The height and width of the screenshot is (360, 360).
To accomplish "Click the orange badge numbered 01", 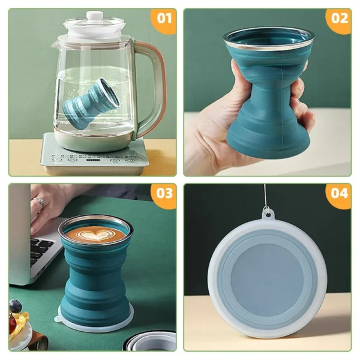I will pos(164,18).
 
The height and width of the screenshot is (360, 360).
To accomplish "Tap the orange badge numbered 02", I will pos(339,18).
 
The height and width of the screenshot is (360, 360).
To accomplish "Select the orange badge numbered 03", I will pos(164,194).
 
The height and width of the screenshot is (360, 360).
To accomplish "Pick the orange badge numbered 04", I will pos(339,194).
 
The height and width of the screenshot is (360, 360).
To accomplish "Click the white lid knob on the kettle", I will pos(95,16).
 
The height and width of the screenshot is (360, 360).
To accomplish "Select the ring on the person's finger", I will pos(41,202).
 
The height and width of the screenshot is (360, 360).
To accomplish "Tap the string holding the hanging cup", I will pos(265,195).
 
